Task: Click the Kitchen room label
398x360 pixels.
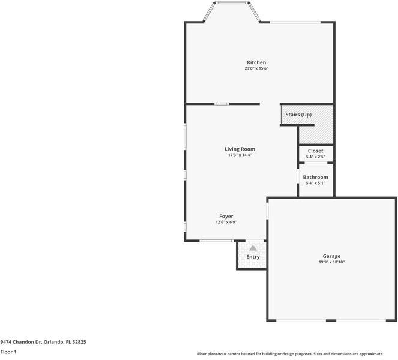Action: pos(256,62)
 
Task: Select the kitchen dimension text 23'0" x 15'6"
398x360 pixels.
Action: pos(256,69)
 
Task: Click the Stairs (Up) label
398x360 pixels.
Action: pos(298,114)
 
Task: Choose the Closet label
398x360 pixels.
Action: pos(315,151)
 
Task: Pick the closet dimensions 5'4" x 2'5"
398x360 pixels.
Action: pos(315,157)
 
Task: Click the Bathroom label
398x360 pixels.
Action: pos(315,177)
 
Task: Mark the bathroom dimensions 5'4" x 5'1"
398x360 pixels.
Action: pos(315,184)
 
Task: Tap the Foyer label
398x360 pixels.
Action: pos(226,216)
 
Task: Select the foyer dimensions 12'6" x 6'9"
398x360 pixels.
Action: pos(226,223)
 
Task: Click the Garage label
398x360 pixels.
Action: pos(331,256)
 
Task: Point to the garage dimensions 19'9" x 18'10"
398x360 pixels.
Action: pos(331,262)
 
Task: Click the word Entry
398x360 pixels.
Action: pos(253,257)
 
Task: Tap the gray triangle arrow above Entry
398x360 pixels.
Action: pos(253,247)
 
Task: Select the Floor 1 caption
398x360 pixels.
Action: pos(8,352)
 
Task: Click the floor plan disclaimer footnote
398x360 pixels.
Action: pos(297,353)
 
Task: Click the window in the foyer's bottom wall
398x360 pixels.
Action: pos(217,241)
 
